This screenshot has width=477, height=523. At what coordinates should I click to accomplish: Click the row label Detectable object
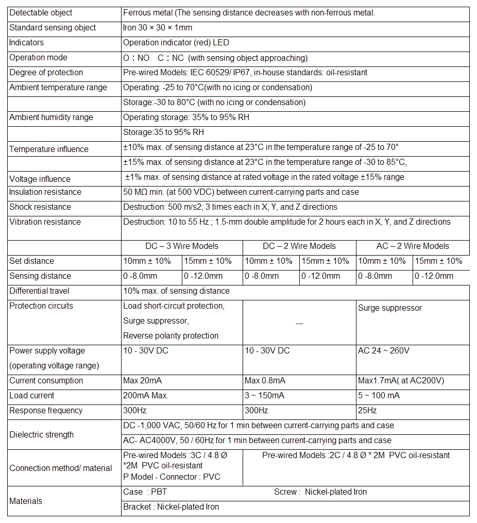[41, 13]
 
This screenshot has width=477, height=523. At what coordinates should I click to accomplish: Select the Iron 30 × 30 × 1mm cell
[158, 28]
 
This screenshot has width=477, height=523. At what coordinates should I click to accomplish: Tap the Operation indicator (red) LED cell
[176, 43]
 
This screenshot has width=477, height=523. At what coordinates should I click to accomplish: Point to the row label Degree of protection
[46, 73]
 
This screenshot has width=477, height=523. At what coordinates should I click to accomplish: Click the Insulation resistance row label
[45, 192]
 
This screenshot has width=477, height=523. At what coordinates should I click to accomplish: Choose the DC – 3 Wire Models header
[182, 246]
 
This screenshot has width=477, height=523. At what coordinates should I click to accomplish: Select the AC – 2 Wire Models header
[413, 246]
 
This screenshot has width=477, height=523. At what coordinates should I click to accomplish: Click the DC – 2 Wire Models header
[299, 246]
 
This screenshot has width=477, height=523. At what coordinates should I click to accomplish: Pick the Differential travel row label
[39, 291]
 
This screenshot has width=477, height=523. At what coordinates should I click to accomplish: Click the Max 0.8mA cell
[265, 381]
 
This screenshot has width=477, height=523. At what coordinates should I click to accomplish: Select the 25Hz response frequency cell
[367, 411]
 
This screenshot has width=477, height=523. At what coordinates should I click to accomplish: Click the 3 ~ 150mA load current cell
[265, 396]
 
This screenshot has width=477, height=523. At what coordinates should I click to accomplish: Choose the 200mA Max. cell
[146, 396]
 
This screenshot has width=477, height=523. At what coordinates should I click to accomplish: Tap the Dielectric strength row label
[41, 435]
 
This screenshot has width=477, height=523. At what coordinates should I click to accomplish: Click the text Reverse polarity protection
[171, 336]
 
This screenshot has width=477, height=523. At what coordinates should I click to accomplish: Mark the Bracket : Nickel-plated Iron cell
[171, 507]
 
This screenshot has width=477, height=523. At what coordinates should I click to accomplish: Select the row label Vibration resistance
[45, 222]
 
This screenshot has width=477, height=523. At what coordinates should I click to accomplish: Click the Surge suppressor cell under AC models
[390, 308]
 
